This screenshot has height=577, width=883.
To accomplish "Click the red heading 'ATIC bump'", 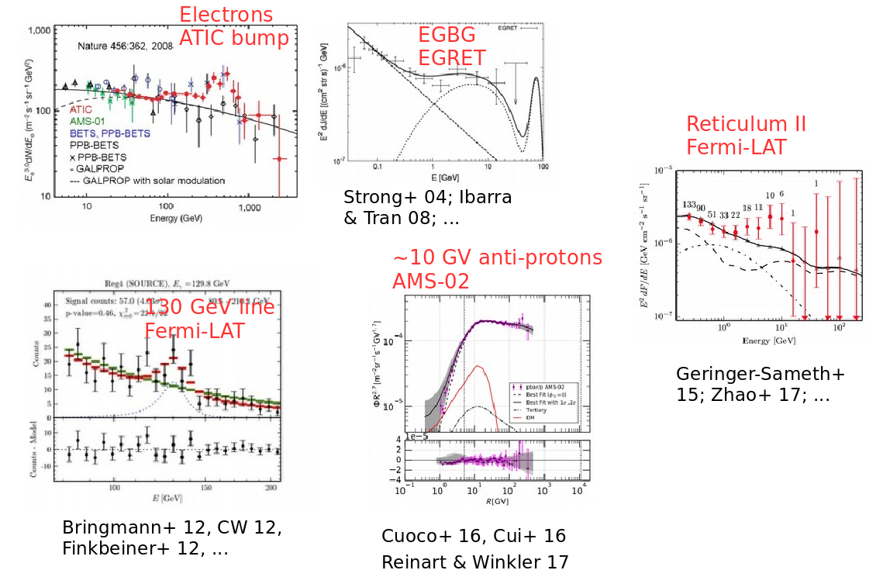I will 233,38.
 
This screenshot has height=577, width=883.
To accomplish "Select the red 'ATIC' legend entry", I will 81,110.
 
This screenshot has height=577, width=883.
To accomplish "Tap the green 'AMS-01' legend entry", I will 86,122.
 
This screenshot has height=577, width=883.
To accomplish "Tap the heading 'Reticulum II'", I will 746,124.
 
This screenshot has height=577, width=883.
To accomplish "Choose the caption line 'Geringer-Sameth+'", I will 761,374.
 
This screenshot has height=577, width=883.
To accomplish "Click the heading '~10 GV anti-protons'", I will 497,258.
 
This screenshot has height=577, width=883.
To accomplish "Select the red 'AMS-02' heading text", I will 431,281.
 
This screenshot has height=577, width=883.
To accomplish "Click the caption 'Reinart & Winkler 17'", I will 474,561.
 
